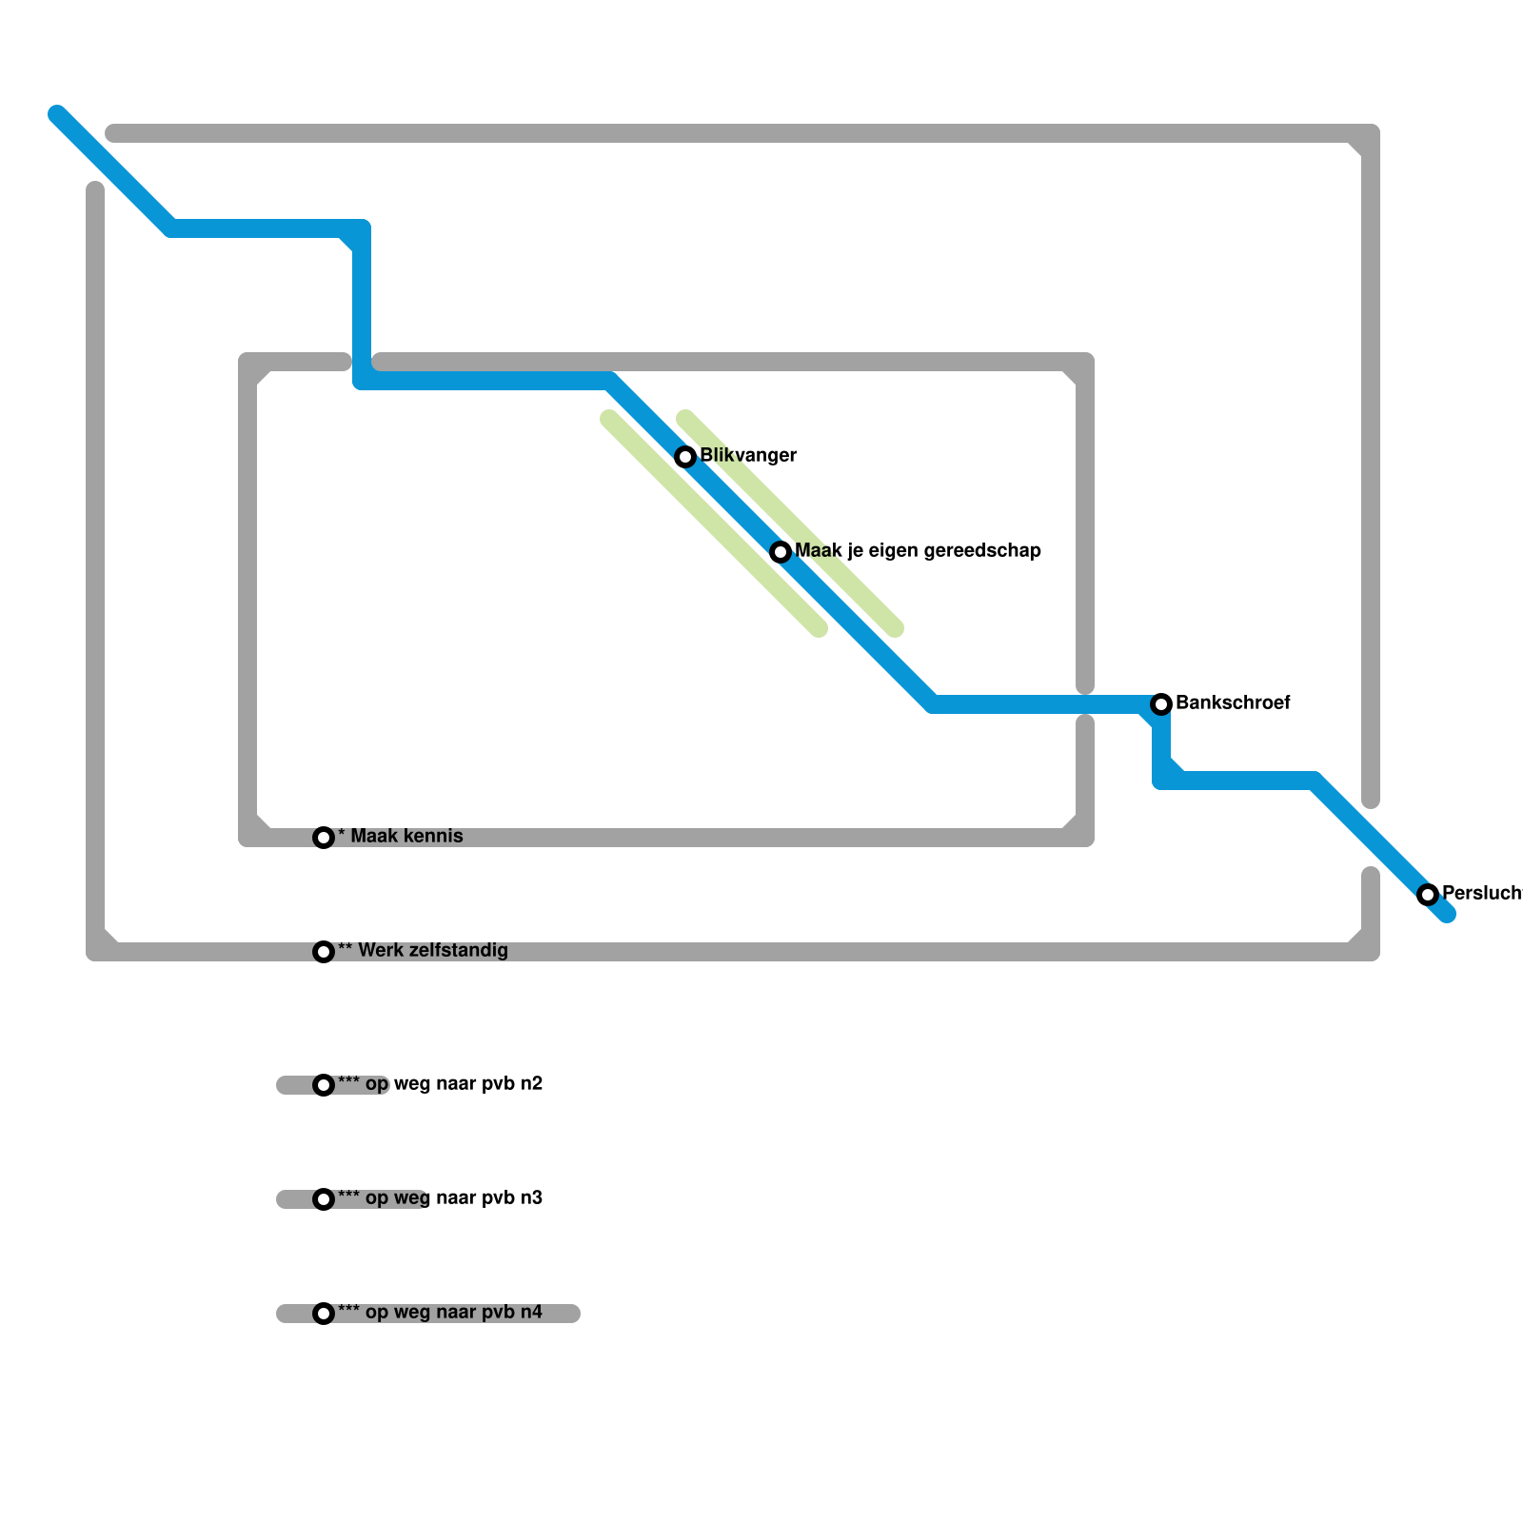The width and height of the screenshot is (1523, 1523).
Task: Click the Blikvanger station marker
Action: coord(685,457)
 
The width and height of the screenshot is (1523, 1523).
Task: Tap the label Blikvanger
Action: coord(748,456)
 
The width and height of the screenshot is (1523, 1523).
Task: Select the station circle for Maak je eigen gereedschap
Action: coord(781,552)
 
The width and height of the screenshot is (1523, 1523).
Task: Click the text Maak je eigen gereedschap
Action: coord(918,551)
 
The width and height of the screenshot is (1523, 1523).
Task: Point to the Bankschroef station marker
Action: coord(1161,704)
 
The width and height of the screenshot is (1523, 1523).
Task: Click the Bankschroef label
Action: coord(1233,703)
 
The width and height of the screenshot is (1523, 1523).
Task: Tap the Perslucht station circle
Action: coord(1428,895)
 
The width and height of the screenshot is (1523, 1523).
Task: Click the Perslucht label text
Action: coord(1481,894)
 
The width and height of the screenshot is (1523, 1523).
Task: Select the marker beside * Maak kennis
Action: coord(324,838)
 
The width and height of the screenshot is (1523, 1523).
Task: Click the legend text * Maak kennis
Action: coord(401,837)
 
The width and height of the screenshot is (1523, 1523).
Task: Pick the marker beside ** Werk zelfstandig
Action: coord(324,952)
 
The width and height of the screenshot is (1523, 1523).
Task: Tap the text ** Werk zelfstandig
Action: coord(423,951)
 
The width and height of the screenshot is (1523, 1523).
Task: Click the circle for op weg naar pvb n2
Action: coord(324,1085)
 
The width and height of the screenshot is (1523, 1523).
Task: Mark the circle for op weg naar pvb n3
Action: coord(324,1199)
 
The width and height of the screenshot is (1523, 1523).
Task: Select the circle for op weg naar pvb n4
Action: coord(324,1314)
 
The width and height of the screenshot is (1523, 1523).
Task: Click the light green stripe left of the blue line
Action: coord(714,524)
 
